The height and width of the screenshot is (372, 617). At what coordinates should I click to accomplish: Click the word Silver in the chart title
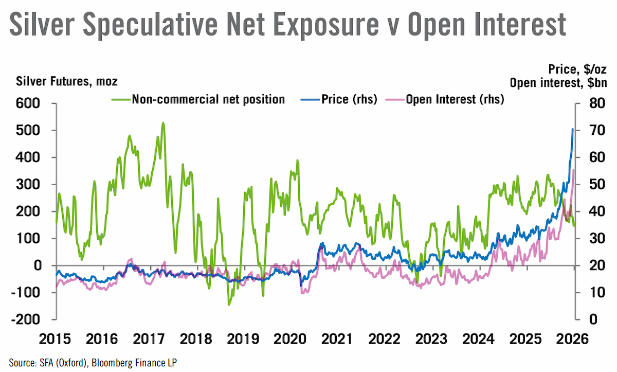(x=42, y=24)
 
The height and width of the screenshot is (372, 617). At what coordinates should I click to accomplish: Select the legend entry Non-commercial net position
(x=198, y=99)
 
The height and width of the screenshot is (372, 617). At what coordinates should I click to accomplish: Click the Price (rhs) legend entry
(x=339, y=99)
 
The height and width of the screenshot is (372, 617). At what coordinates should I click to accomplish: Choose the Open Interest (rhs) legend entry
(x=445, y=99)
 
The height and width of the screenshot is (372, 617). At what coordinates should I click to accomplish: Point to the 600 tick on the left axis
(x=28, y=103)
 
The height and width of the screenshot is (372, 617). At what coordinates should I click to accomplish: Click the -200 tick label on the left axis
(x=25, y=320)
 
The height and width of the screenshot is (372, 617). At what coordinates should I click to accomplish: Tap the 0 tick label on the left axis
(x=38, y=265)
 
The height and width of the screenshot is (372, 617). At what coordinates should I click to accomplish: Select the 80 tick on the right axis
(x=597, y=103)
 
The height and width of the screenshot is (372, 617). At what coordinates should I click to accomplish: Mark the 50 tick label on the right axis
(x=597, y=185)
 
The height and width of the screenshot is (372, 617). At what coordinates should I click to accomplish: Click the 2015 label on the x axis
(x=55, y=339)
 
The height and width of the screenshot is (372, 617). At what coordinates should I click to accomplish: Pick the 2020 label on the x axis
(x=290, y=339)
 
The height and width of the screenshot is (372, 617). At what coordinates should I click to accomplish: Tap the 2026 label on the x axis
(x=572, y=339)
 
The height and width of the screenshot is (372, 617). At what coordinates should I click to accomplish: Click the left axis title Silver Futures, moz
(x=67, y=82)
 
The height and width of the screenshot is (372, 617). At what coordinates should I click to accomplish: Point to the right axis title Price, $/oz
(x=577, y=69)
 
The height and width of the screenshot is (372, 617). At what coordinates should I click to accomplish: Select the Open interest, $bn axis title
(x=558, y=83)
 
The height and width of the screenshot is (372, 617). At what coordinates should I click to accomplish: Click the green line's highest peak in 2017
(x=163, y=123)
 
